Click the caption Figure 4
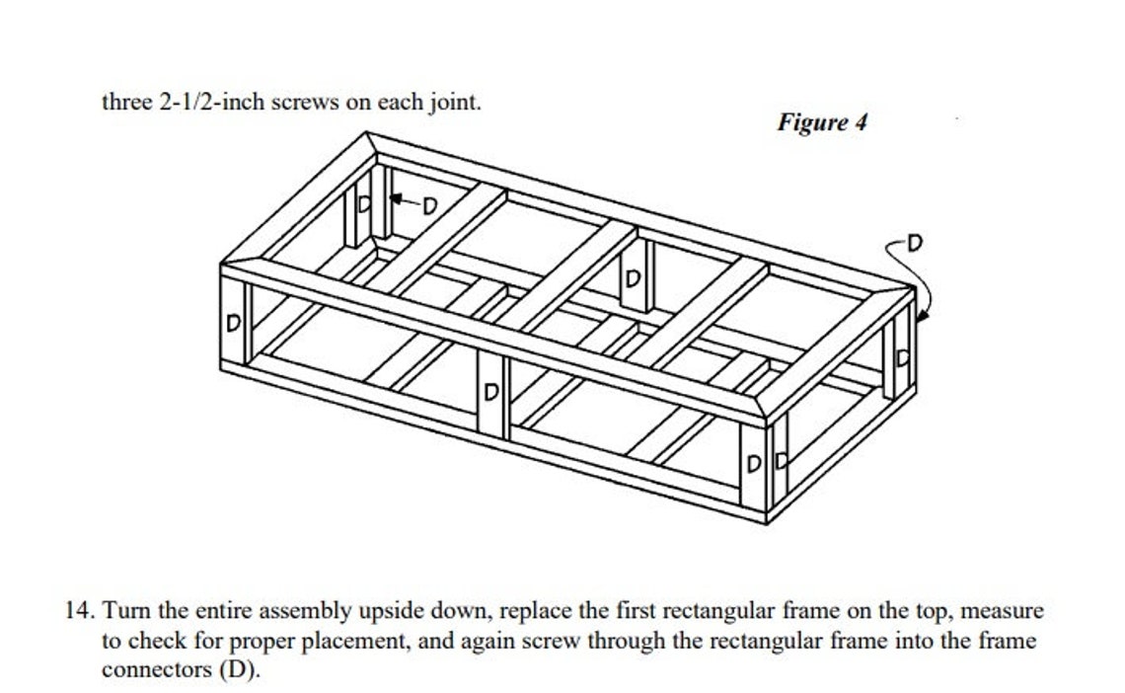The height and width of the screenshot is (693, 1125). tap(821, 122)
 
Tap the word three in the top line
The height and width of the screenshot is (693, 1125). tap(127, 103)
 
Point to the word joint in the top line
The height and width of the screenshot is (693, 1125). tap(454, 103)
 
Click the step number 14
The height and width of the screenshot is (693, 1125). tap(80, 611)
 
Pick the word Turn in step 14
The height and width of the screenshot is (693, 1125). tap(123, 611)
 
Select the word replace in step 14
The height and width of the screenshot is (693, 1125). tap(534, 611)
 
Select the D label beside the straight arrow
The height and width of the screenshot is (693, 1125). tap(429, 204)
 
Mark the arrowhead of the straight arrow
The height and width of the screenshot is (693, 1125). tap(395, 199)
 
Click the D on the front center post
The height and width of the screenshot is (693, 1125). tap(490, 393)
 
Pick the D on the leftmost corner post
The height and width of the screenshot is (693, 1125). tap(234, 323)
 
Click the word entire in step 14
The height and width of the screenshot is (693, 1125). tap(192, 611)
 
